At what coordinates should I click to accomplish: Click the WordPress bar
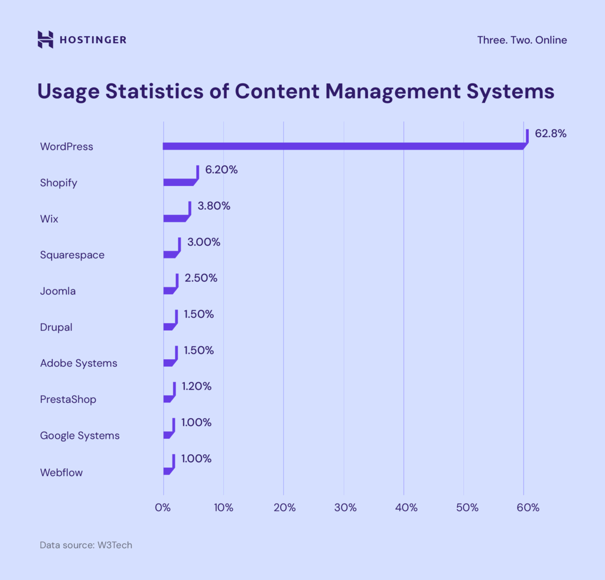[343, 146]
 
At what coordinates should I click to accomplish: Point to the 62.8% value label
[551, 133]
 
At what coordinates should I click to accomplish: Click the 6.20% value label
[221, 170]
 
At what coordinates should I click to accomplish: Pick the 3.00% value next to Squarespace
[203, 242]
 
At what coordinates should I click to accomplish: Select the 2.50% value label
[201, 278]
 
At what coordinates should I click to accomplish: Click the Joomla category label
[58, 291]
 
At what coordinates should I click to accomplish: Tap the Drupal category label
[56, 327]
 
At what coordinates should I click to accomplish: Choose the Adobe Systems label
[79, 363]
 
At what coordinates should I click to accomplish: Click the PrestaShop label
[68, 399]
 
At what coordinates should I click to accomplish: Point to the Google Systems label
[80, 436]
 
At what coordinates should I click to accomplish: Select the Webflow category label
[61, 473]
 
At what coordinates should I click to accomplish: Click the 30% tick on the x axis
[344, 507]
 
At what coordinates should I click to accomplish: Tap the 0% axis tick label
[163, 507]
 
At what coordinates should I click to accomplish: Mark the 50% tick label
[465, 507]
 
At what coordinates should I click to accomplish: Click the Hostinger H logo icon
[45, 40]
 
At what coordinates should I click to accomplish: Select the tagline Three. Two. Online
[522, 40]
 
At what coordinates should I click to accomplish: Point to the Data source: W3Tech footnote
[86, 545]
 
